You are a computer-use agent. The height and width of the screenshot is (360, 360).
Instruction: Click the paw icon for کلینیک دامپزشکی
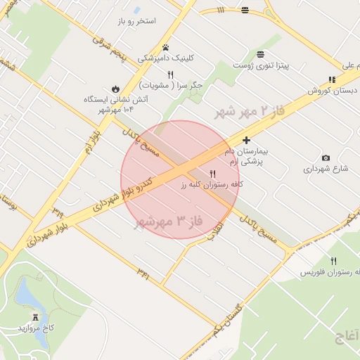(165, 48)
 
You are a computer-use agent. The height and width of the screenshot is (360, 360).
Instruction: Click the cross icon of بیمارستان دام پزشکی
(245, 141)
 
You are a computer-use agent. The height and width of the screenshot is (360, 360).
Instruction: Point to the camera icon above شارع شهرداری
(326, 157)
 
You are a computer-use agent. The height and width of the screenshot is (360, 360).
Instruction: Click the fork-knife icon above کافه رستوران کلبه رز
(212, 173)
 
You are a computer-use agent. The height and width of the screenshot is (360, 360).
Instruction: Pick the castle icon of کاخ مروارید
(36, 317)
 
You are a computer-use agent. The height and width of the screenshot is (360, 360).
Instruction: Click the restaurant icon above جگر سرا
(170, 74)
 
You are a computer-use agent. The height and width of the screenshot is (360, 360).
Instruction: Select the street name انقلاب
(214, 231)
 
